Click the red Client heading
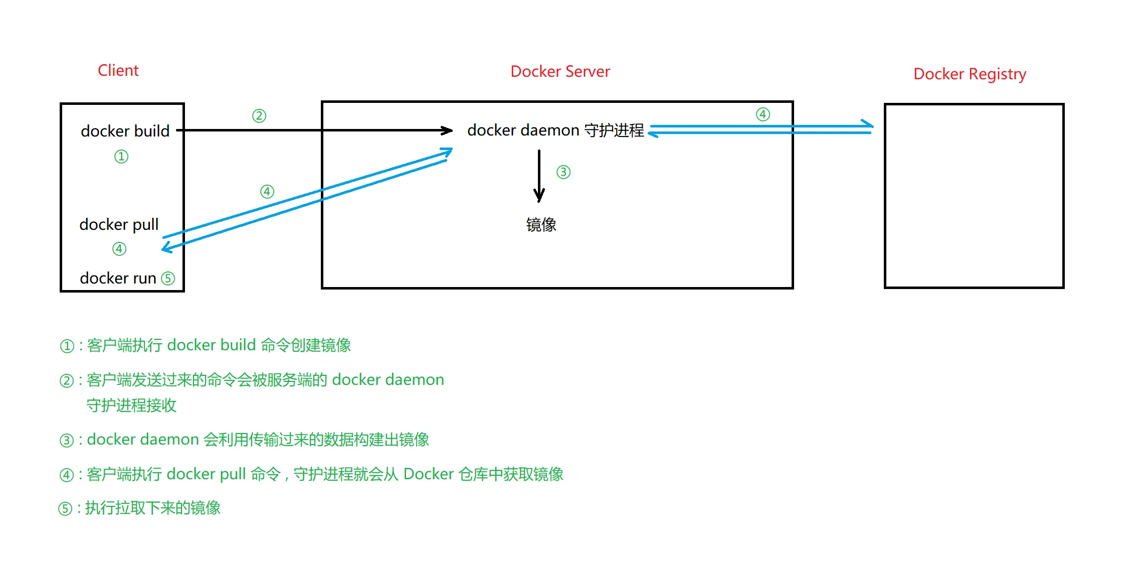coord(118,70)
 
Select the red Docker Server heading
coord(560,72)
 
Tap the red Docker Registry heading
coord(970,74)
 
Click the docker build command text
coord(125,131)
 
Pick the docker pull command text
coord(119,224)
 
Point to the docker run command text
coord(118,278)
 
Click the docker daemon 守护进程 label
coord(555,130)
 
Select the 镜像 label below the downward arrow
coord(541,224)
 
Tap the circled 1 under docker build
coord(121,157)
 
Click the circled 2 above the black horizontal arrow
coord(259,116)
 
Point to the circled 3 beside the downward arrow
coord(563,173)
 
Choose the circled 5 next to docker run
coord(168,278)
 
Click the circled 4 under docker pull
coord(119,249)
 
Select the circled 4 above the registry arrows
coord(763,114)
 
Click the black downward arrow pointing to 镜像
coord(539,176)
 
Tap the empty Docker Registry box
coord(974,196)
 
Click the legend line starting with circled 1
coord(206,345)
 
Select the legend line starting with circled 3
coord(244,440)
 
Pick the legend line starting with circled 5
coord(139,508)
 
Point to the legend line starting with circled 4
coord(311,474)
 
